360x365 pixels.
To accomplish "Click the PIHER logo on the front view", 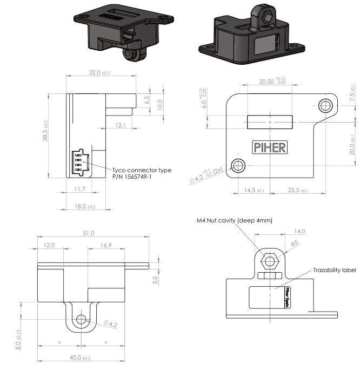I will [270, 147].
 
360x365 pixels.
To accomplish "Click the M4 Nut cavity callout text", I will [235, 220].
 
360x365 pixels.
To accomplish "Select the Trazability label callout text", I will [335, 270].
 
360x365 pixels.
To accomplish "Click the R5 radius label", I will [295, 244].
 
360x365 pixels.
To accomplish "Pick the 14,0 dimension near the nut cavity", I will [299, 231].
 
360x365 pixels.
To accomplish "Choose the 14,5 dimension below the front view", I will [254, 191].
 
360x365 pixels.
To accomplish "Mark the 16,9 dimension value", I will [106, 245].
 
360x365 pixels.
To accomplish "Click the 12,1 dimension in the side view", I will [121, 125].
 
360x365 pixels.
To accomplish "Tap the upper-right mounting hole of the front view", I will [324, 105].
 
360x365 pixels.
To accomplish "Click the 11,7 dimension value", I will [79, 188].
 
